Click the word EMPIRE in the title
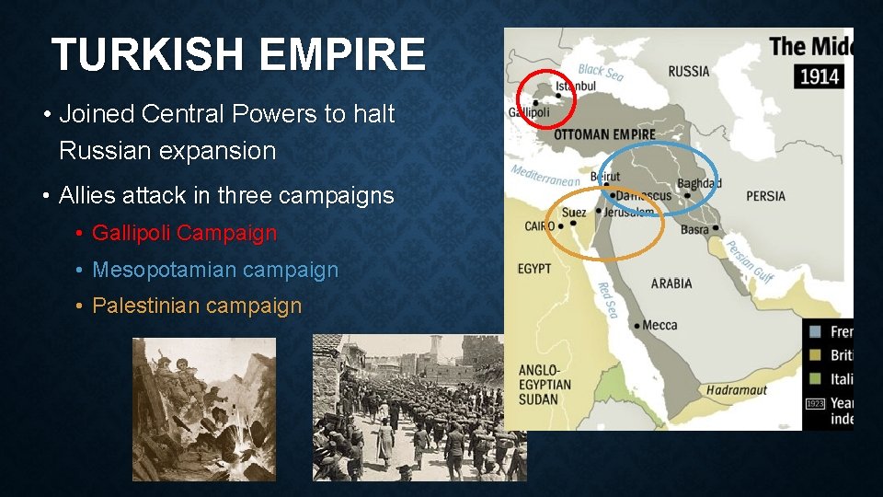click(x=343, y=55)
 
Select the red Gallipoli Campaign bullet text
click(x=184, y=233)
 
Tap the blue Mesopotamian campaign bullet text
click(x=215, y=270)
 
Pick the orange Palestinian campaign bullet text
click(x=197, y=306)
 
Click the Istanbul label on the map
click(x=576, y=87)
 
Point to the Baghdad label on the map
click(x=699, y=182)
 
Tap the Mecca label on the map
click(x=659, y=325)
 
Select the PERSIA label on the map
click(x=765, y=196)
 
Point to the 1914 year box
click(x=819, y=76)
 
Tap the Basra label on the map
click(x=694, y=229)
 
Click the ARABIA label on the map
click(x=671, y=283)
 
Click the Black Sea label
click(x=601, y=72)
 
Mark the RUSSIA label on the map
click(x=689, y=71)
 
